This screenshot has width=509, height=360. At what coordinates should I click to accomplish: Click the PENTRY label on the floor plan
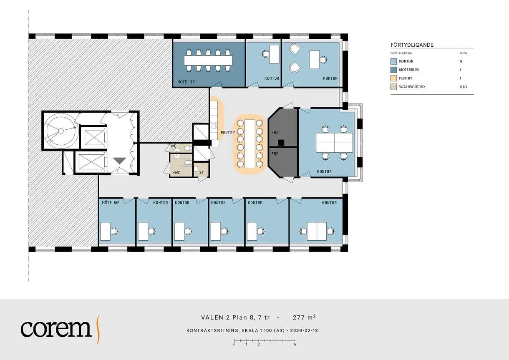click(228, 133)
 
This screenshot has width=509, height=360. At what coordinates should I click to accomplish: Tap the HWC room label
click(176, 173)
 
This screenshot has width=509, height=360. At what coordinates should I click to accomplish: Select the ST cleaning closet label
click(202, 173)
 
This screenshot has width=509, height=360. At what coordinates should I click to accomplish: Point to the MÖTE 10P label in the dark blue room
click(186, 82)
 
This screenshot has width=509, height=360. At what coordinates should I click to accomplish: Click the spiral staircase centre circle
click(61, 131)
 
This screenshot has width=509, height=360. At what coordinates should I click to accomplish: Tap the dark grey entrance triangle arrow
click(120, 161)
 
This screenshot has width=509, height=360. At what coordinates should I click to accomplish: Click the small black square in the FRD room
click(281, 143)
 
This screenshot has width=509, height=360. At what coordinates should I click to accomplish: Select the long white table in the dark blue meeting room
click(208, 60)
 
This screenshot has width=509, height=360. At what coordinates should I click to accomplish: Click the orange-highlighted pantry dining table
click(250, 143)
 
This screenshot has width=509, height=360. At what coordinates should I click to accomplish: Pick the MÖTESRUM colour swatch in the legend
click(393, 70)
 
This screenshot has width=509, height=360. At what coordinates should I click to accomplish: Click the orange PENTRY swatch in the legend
click(393, 78)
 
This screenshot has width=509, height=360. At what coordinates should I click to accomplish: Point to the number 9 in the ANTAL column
click(461, 61)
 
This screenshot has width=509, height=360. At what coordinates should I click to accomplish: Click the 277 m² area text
click(304, 317)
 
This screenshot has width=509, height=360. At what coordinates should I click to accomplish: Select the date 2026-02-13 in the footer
click(304, 330)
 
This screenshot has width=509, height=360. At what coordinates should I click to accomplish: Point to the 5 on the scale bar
click(295, 345)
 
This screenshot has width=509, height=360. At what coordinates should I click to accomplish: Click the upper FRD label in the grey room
click(275, 132)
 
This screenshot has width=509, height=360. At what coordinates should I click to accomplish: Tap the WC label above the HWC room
click(174, 146)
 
